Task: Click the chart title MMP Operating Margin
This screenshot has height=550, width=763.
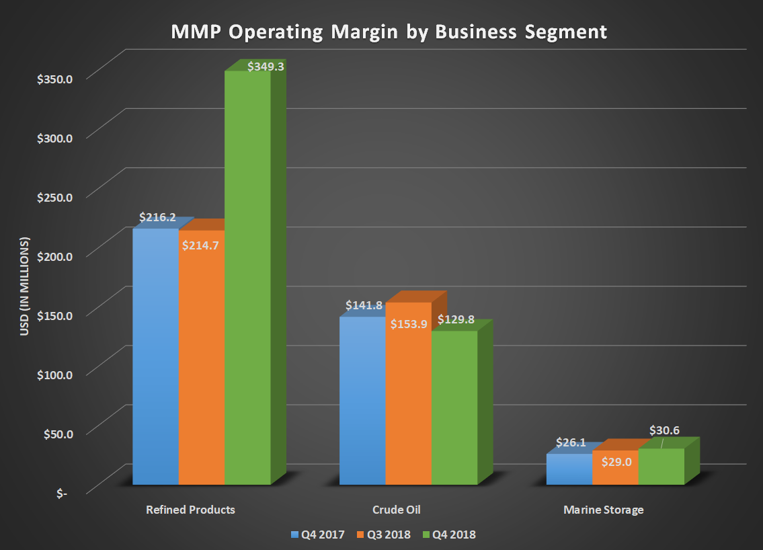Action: click(381, 32)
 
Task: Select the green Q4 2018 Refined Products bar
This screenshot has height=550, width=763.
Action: click(247, 282)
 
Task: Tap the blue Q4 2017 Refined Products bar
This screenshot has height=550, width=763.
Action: click(155, 356)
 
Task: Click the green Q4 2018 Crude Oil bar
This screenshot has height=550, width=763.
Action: click(454, 410)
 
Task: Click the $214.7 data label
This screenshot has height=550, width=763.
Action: click(201, 245)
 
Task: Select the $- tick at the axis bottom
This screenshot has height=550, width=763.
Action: click(62, 494)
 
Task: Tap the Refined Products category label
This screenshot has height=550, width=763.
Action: click(191, 510)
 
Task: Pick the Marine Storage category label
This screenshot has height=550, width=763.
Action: click(603, 510)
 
